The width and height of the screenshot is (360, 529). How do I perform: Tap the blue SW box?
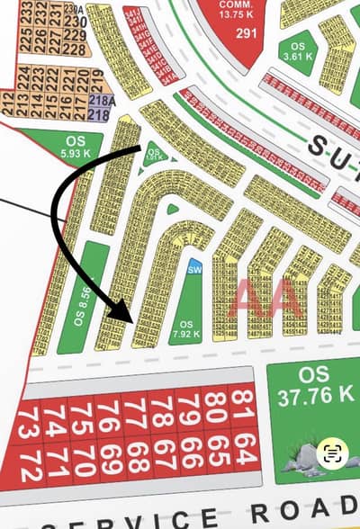(193, 268)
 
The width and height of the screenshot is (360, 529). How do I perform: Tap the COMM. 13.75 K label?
(241, 9)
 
